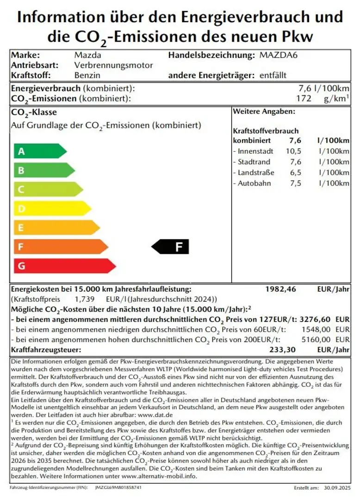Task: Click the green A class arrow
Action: (x=39, y=151)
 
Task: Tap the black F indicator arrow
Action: (x=171, y=247)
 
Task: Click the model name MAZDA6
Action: (x=278, y=55)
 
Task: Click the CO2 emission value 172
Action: (x=303, y=98)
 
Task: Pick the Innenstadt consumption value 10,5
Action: (x=293, y=151)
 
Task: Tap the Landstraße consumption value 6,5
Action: (x=295, y=173)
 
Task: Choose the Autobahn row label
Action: (x=254, y=183)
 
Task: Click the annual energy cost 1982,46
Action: (x=280, y=289)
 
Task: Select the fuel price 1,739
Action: (x=85, y=300)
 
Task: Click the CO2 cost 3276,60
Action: (x=317, y=319)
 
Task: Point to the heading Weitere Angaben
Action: (x=264, y=112)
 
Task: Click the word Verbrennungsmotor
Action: (x=113, y=65)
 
